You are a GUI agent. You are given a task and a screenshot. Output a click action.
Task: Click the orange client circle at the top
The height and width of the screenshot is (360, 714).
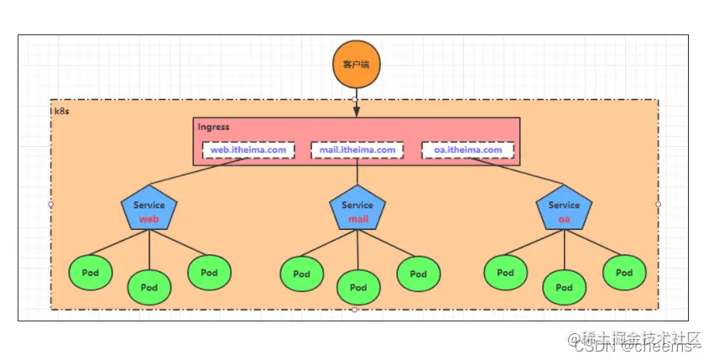354,65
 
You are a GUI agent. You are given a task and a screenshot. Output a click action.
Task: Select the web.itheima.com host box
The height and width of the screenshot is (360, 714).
249,151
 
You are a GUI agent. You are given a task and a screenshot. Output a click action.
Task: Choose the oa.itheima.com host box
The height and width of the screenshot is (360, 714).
467,151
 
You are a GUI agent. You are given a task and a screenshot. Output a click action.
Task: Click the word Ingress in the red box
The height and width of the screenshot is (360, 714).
213,128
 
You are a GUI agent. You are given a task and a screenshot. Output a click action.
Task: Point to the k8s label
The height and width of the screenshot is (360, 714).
60,110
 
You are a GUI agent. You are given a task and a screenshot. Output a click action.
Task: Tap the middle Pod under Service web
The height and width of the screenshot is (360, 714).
149,287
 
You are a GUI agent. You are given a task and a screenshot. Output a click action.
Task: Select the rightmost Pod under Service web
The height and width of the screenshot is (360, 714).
209,272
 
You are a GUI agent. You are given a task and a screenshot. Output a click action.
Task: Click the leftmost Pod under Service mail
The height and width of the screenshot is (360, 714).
301,274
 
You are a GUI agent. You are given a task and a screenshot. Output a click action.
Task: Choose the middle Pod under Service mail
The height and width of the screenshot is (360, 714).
358,288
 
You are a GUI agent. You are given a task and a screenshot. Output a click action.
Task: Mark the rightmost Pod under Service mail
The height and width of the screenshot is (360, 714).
417,273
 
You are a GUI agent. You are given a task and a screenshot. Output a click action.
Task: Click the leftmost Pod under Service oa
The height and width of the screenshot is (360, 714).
505,272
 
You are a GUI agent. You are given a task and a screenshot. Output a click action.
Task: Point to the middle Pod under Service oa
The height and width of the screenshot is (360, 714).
564,288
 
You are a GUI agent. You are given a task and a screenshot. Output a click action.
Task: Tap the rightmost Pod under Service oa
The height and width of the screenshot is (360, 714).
624,272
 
